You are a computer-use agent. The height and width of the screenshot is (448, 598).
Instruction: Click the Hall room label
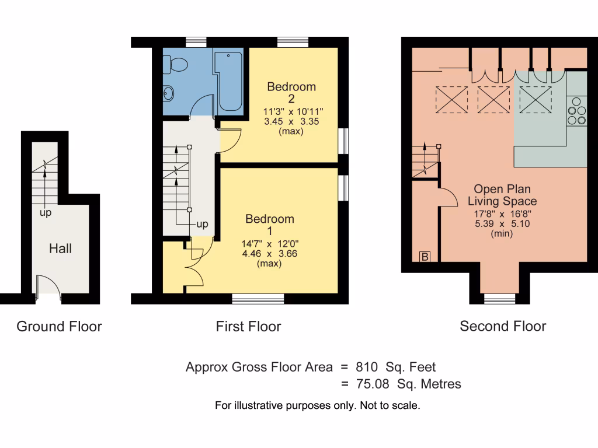point(60,249)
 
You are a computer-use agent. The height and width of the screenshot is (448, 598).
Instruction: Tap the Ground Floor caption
point(59,326)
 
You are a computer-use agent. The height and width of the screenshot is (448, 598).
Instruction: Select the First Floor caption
point(248,326)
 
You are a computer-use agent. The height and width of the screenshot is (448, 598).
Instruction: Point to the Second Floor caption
point(503,326)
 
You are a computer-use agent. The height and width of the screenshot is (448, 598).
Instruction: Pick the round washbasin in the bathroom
point(169,92)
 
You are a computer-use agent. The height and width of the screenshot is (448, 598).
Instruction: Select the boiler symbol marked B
point(425,257)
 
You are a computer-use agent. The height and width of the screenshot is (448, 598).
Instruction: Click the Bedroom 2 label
point(291,93)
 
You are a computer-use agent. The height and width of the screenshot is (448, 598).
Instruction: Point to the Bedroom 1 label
point(269,225)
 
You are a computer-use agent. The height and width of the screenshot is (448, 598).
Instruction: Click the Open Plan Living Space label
point(505,195)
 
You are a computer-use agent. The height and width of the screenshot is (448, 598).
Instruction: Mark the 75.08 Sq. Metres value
point(408,384)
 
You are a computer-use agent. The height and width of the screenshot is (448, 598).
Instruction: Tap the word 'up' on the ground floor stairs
point(45,213)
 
